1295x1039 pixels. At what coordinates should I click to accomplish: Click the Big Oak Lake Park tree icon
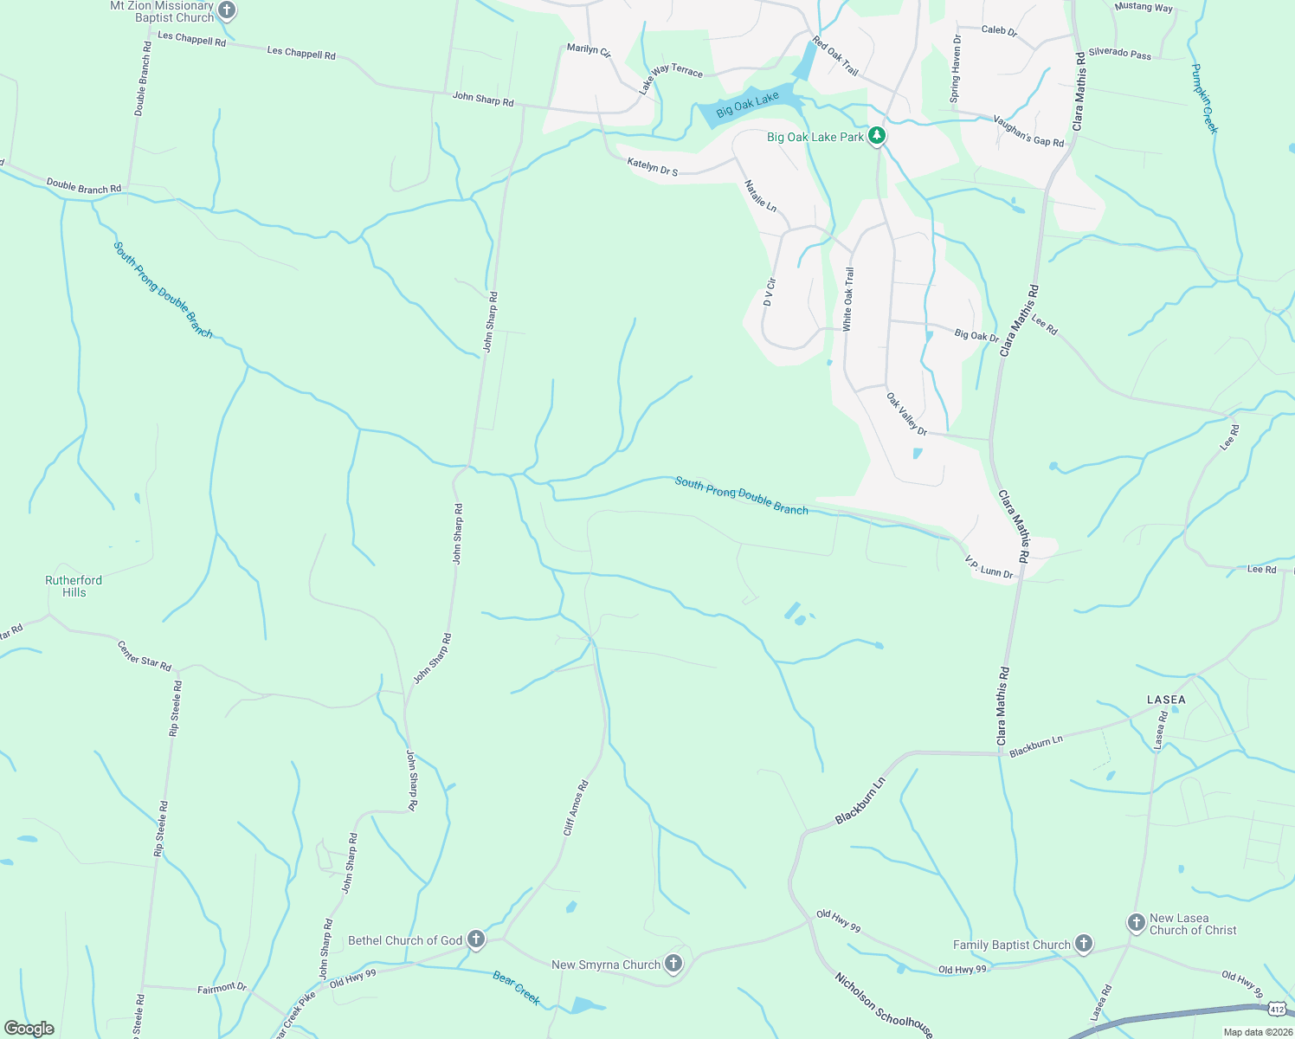[x=877, y=135]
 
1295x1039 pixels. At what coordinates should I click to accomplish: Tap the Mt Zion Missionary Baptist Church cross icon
[x=227, y=11]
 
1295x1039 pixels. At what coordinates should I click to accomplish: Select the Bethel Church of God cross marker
[x=475, y=939]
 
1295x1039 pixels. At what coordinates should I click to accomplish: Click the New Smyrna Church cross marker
[x=673, y=964]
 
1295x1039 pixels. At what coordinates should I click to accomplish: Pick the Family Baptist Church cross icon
[x=1083, y=945]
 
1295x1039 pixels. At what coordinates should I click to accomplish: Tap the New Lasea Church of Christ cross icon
[x=1136, y=923]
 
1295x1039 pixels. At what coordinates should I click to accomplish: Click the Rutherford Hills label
[x=74, y=586]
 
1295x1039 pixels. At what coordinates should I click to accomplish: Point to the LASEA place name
[x=1166, y=700]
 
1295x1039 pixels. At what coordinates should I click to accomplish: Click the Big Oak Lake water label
[x=748, y=105]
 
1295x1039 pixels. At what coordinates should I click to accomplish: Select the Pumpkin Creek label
[x=1204, y=98]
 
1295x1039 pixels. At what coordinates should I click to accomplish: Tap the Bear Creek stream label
[x=516, y=988]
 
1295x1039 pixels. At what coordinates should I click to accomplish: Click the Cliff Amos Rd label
[x=576, y=808]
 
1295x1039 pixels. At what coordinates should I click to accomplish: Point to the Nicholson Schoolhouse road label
[x=883, y=1004]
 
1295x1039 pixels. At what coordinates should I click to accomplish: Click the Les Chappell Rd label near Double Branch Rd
[x=191, y=39]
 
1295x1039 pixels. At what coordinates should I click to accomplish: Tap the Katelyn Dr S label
[x=653, y=166]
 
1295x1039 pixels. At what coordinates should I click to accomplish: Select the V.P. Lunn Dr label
[x=989, y=566]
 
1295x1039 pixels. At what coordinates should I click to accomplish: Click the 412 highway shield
[x=1276, y=1009]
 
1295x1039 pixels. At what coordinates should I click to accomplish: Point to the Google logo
[x=29, y=1029]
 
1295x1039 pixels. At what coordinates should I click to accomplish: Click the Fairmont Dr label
[x=222, y=988]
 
